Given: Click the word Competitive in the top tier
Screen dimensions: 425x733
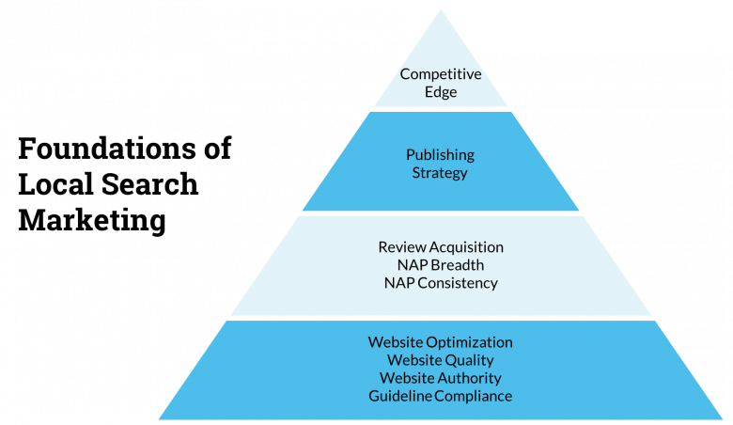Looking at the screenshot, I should coord(441,74).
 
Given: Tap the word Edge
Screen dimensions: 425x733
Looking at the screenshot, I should coord(441,92).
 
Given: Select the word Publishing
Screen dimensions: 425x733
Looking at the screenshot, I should coord(440,154).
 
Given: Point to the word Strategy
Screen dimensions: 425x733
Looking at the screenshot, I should coord(440,173).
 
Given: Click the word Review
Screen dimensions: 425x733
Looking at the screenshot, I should coord(399,246).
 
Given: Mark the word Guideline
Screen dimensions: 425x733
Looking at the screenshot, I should coord(399,396).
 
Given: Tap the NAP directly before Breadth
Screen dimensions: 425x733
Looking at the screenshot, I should coord(412,264).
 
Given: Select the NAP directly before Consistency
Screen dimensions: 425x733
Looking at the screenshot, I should coord(399,282).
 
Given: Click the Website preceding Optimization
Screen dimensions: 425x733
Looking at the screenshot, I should coord(395,342).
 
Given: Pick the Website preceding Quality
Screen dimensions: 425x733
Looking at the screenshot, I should coord(414,360).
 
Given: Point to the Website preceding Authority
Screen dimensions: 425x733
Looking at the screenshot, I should coord(407,378).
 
